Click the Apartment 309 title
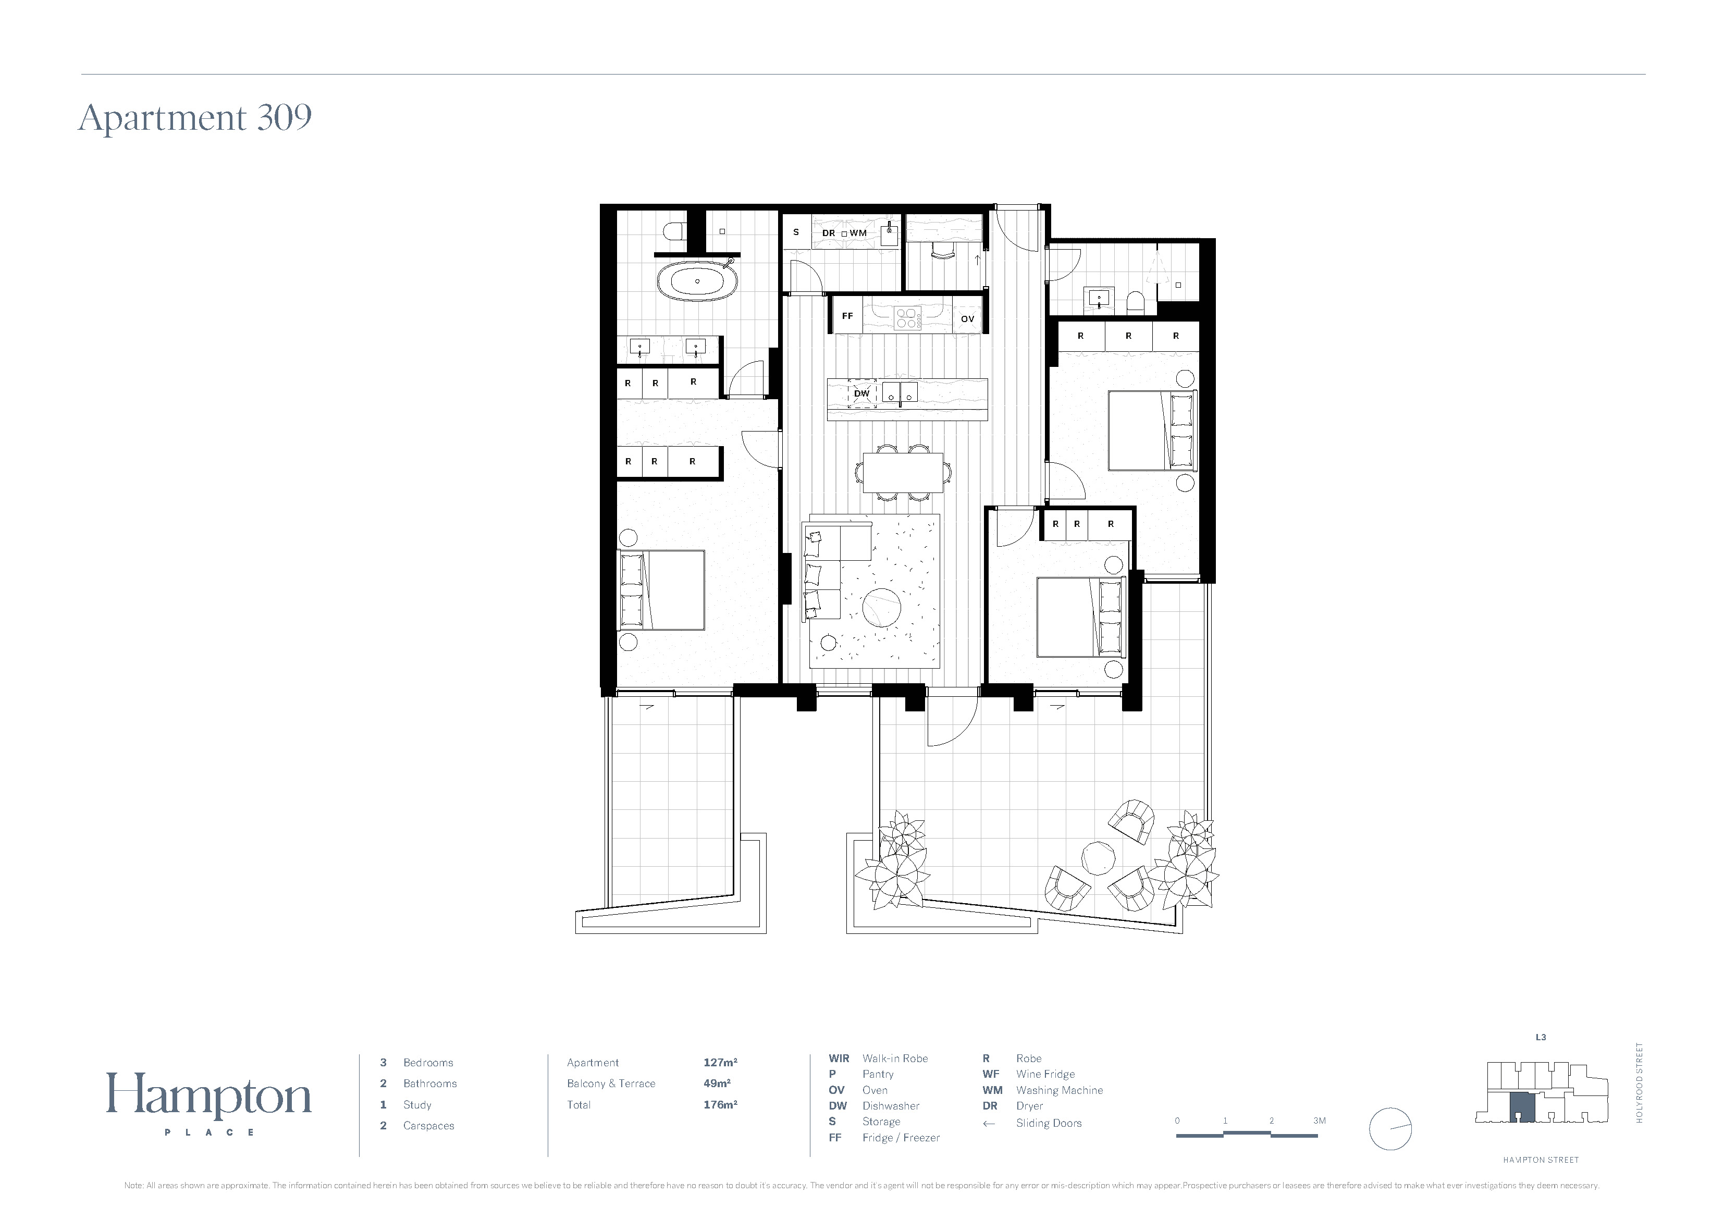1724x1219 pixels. pyautogui.click(x=195, y=118)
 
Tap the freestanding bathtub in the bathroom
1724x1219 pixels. pyautogui.click(x=697, y=281)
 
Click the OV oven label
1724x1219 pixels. pyautogui.click(x=967, y=319)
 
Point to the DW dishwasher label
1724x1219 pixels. pyautogui.click(x=861, y=393)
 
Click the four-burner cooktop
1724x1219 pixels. pyautogui.click(x=907, y=318)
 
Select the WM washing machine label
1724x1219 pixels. pyautogui.click(x=858, y=233)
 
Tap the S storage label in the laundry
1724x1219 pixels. pyautogui.click(x=796, y=232)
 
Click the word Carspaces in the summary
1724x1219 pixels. pyautogui.click(x=429, y=1126)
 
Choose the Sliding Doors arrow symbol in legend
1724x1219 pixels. pyautogui.click(x=989, y=1124)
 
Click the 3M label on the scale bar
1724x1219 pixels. pyautogui.click(x=1319, y=1121)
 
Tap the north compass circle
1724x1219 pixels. pyautogui.click(x=1390, y=1129)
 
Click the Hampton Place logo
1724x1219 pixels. pyautogui.click(x=209, y=1103)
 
